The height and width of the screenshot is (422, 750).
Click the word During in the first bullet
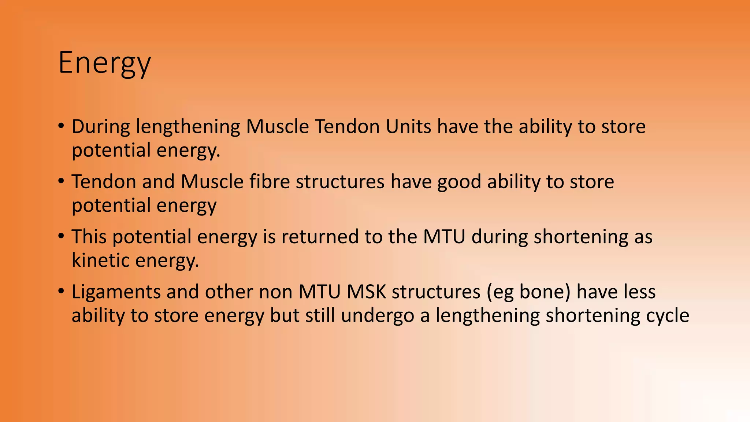pyautogui.click(x=101, y=127)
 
